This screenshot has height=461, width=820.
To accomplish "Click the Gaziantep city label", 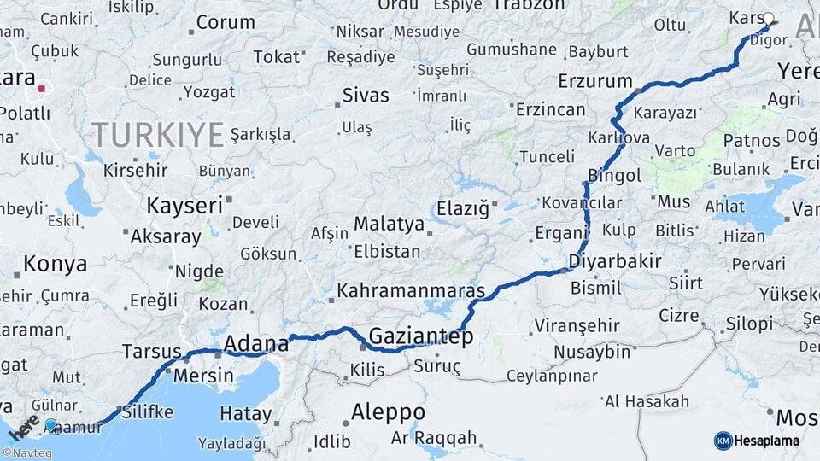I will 420,336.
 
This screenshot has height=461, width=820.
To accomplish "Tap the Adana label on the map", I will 255,344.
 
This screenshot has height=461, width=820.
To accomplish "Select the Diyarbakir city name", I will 614,261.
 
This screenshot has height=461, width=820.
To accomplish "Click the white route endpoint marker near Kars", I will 768,18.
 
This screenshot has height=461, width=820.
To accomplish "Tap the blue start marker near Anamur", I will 51,425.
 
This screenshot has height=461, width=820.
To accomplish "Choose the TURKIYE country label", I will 157,134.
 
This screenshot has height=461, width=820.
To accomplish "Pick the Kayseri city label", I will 184,205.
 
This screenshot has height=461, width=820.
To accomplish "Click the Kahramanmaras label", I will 411,290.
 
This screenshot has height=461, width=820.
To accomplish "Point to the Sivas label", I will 365,95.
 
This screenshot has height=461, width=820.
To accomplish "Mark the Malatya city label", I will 389,225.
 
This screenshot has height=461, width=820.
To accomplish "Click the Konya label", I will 55,264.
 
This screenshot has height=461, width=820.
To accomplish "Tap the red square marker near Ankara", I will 42,87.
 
